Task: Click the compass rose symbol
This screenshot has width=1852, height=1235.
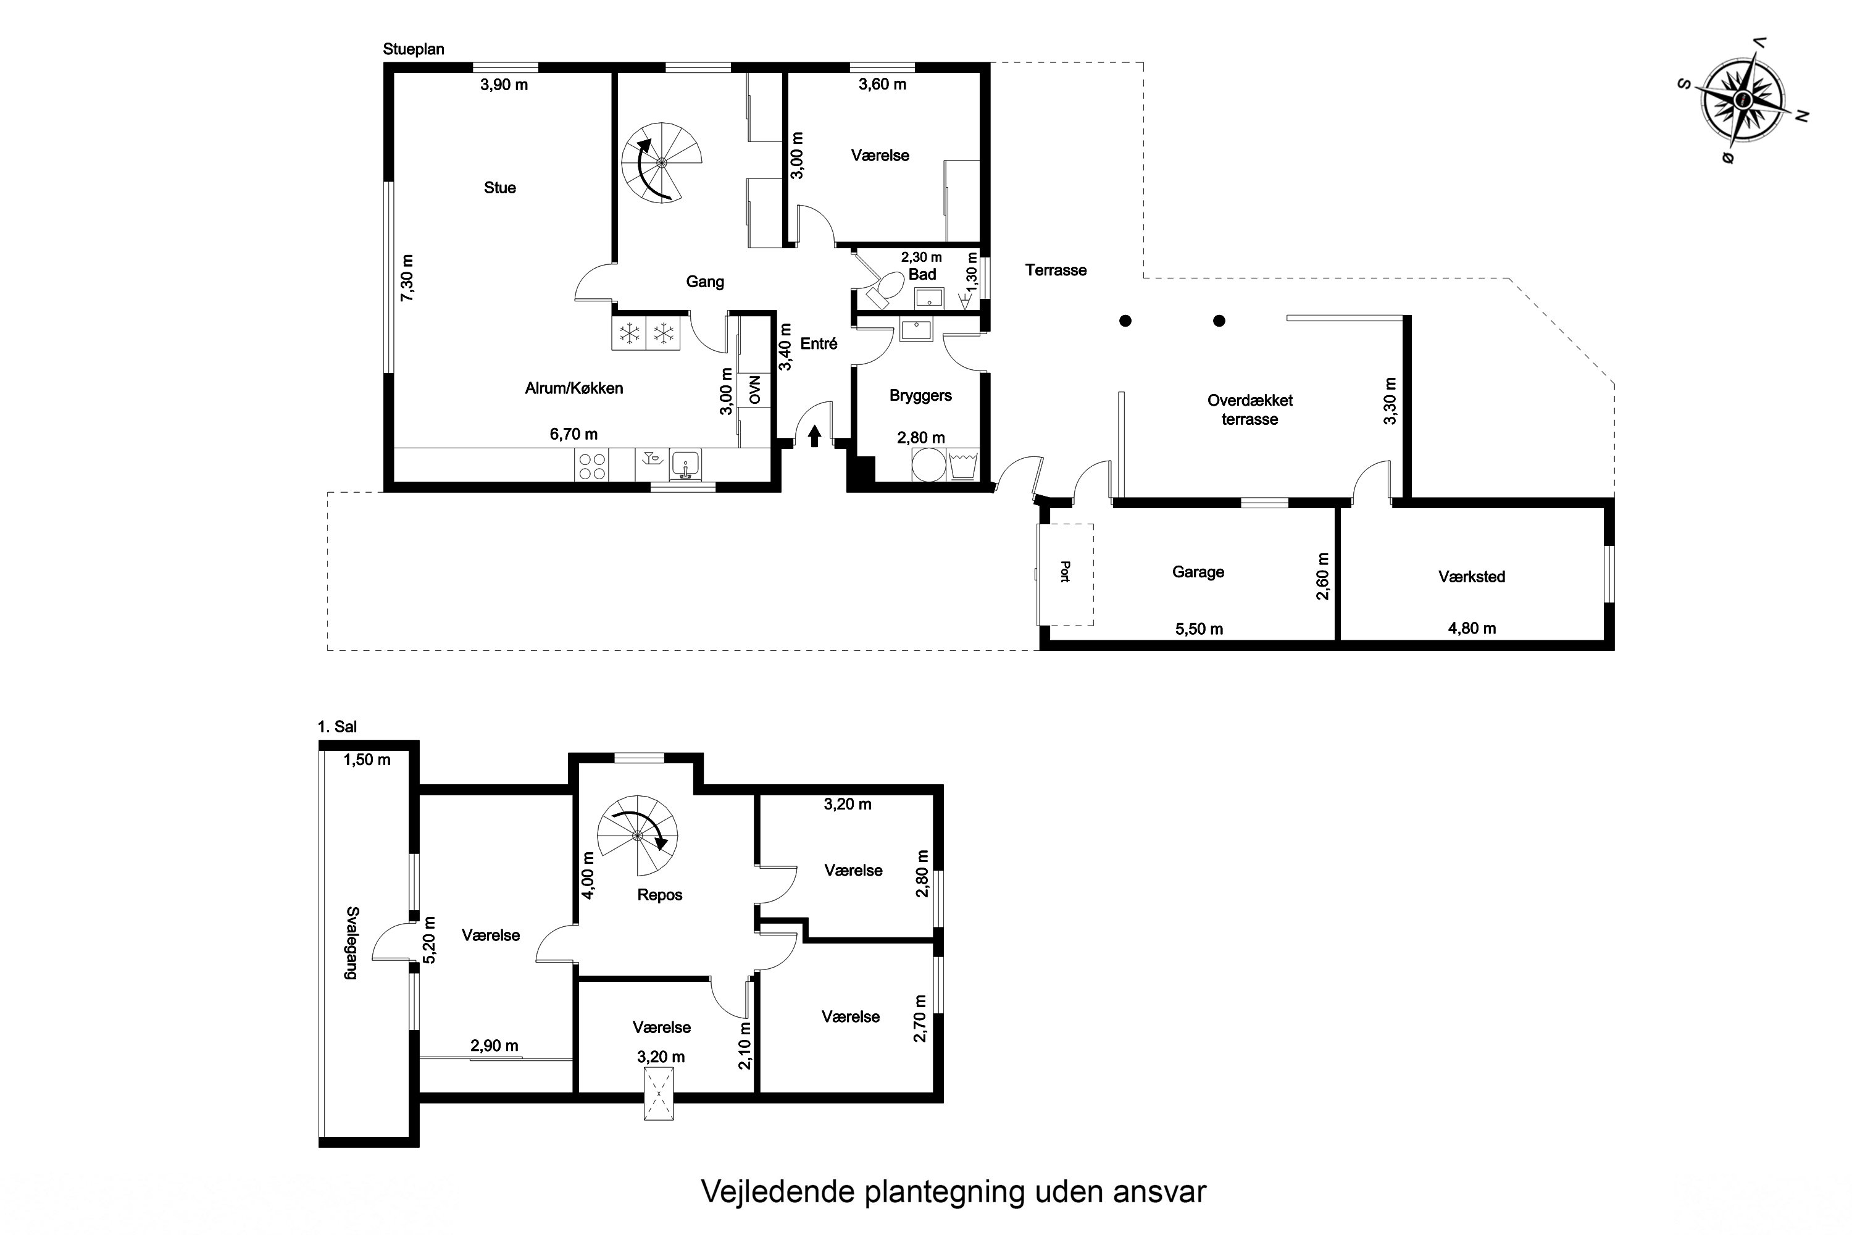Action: coord(1743,100)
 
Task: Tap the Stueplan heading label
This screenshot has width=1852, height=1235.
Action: coord(414,49)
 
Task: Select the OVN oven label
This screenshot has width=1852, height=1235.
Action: coord(755,390)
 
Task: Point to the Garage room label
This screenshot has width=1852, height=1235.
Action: coord(1198,572)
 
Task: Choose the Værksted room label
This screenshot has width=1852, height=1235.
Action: coord(1472,577)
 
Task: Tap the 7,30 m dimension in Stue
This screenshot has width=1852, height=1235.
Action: coord(407,277)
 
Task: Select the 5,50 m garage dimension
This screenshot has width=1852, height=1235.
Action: coord(1199,629)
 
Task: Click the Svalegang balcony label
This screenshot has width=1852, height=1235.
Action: coord(351,943)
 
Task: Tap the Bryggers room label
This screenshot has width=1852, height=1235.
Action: coord(920,395)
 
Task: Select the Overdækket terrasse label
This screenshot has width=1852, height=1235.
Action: coord(1249,409)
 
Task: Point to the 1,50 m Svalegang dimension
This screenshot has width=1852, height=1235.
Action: coord(367,760)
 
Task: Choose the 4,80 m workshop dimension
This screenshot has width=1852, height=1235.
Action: coord(1472,629)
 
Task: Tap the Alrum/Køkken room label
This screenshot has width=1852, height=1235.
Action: coord(574,388)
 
